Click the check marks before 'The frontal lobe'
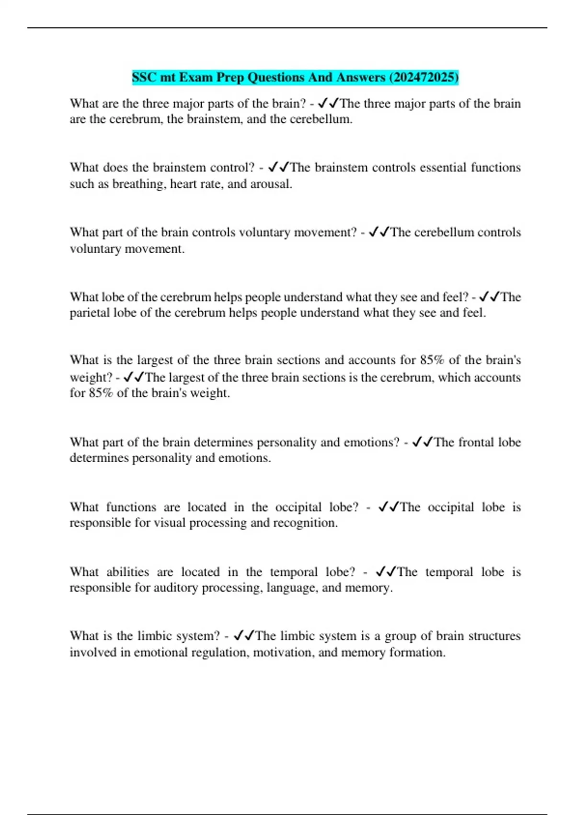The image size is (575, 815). pyautogui.click(x=423, y=442)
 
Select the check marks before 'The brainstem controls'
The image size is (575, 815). pyautogui.click(x=279, y=167)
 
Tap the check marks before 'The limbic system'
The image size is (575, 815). pyautogui.click(x=244, y=636)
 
